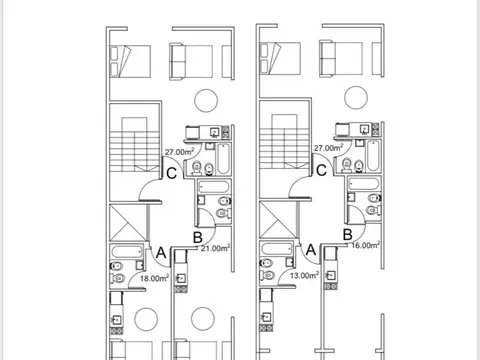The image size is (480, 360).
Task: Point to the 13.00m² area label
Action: (x=304, y=275)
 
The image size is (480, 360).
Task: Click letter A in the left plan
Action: (x=161, y=251)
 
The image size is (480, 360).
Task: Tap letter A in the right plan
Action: (x=311, y=248)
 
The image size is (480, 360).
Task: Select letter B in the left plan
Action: (x=197, y=237)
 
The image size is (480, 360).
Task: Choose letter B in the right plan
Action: (x=347, y=234)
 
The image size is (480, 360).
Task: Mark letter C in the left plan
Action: (x=173, y=173)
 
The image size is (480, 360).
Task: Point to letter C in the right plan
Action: (x=321, y=170)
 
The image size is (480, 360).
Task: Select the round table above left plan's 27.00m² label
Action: (x=205, y=100)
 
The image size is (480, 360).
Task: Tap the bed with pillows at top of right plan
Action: (x=282, y=58)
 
